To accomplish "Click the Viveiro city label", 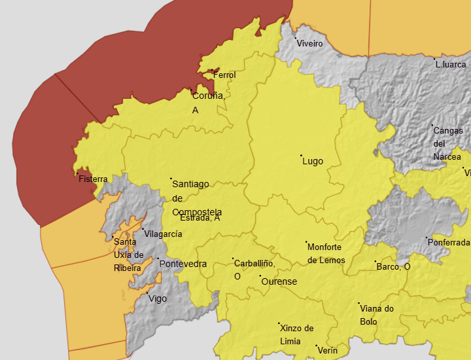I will coord(310,44).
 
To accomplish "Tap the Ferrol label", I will coord(224,75).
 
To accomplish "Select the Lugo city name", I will coord(313,162).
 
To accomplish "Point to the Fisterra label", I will coord(93,179).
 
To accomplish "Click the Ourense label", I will coord(279,282).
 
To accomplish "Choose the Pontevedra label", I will coord(183,264).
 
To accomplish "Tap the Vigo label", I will coord(158,299).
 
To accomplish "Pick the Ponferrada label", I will coord(448,243).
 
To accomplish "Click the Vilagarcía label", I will coord(163,234).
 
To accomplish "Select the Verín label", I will coord(327,351).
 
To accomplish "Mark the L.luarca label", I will coord(451,65).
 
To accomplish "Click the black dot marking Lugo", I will coord(301,156).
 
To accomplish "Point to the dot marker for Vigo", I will coord(147,293).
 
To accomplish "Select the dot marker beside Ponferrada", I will coord(427,238).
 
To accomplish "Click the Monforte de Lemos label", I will coord(326,253).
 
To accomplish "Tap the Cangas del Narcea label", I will coord(447,143).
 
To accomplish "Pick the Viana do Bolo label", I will coord(377,315).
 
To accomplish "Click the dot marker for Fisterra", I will coord(77,173).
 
